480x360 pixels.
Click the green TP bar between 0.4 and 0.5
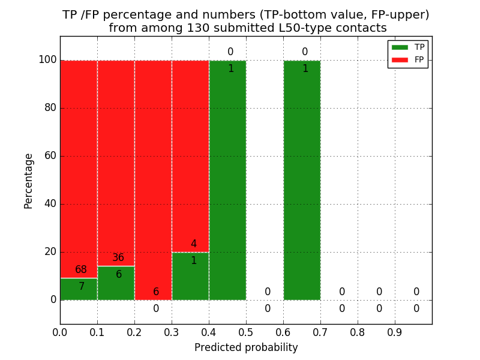click(x=227, y=180)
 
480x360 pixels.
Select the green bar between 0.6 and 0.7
click(x=302, y=180)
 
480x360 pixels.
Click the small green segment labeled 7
click(x=79, y=289)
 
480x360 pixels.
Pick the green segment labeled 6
click(x=116, y=283)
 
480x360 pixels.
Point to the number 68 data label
click(x=81, y=270)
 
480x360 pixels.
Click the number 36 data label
click(x=118, y=258)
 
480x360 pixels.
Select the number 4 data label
click(x=193, y=244)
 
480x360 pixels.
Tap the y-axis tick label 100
click(x=47, y=60)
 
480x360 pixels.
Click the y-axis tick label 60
click(x=50, y=156)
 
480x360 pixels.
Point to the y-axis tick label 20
click(x=50, y=252)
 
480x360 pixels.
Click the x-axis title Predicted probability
click(x=246, y=347)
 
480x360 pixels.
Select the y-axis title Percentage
click(x=29, y=181)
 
